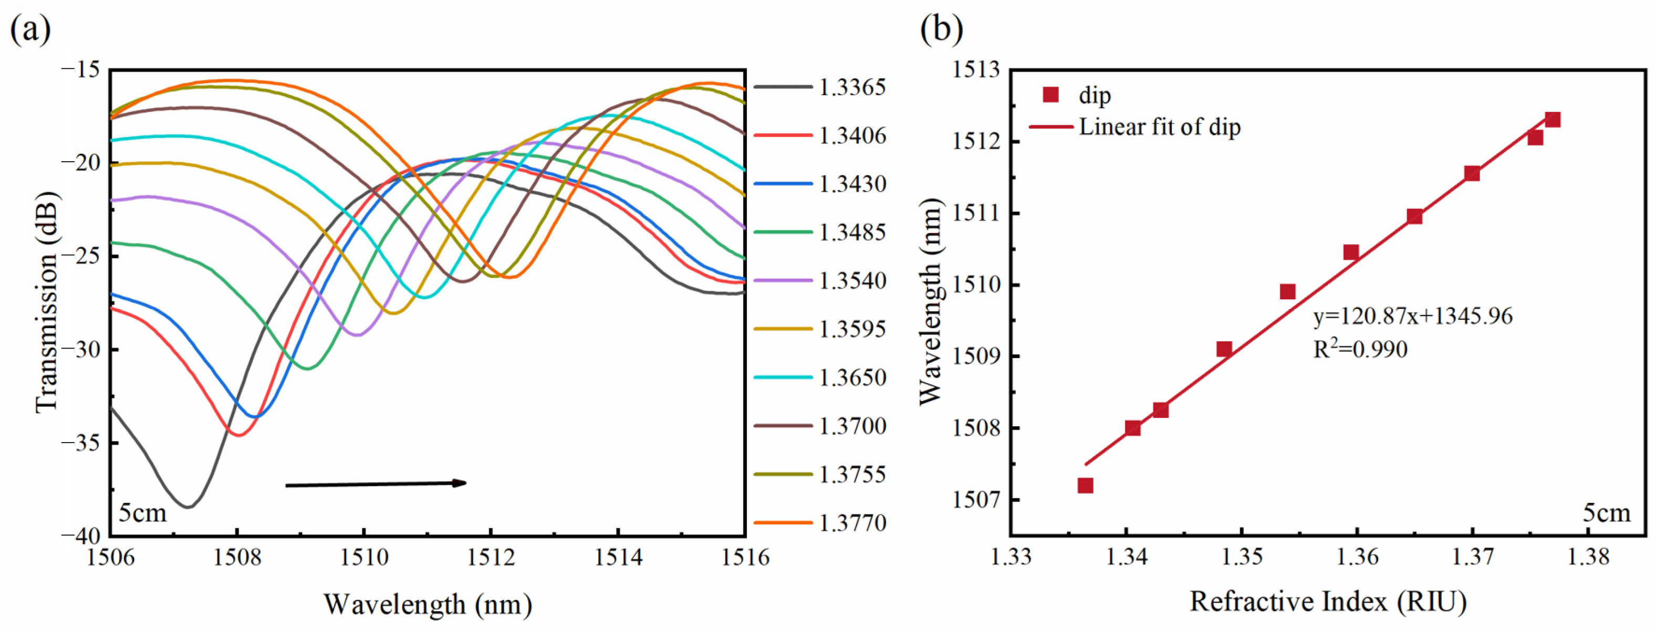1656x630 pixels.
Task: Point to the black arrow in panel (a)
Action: tap(376, 484)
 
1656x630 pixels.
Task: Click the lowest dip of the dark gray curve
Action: tap(188, 507)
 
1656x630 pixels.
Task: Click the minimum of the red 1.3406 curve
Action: tap(238, 435)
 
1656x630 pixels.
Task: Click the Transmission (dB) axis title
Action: tap(46, 302)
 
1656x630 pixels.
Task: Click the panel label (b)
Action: tap(941, 29)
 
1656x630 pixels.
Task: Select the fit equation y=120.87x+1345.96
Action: tap(1412, 316)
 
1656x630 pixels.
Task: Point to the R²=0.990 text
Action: tap(1360, 349)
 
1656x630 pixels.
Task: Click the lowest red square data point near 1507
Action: tap(1085, 485)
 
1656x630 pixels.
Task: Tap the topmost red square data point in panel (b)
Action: tap(1553, 120)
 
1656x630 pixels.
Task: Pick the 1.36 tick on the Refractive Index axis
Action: tap(1357, 556)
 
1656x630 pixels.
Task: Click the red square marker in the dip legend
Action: tap(1050, 95)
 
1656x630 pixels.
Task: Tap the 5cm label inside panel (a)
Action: tap(143, 513)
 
